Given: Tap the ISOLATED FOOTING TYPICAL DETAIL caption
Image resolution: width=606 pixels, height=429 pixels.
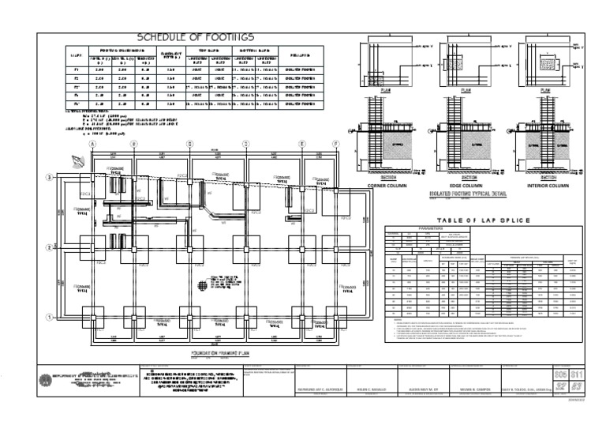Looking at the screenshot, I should (471, 193).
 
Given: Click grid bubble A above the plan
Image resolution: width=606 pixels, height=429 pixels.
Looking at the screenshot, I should (93, 144).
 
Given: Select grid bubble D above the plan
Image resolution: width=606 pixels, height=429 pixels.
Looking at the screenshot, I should (245, 144).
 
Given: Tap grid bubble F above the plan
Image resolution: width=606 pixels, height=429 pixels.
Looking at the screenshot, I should (336, 144).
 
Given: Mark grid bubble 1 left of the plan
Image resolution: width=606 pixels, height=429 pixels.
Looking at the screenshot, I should (49, 318).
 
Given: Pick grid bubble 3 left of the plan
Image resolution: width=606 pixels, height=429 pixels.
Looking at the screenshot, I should (49, 178).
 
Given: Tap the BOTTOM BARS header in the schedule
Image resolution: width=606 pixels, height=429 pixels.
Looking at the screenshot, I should (251, 49).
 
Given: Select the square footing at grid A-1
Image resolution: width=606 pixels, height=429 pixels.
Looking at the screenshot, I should (93, 318).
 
